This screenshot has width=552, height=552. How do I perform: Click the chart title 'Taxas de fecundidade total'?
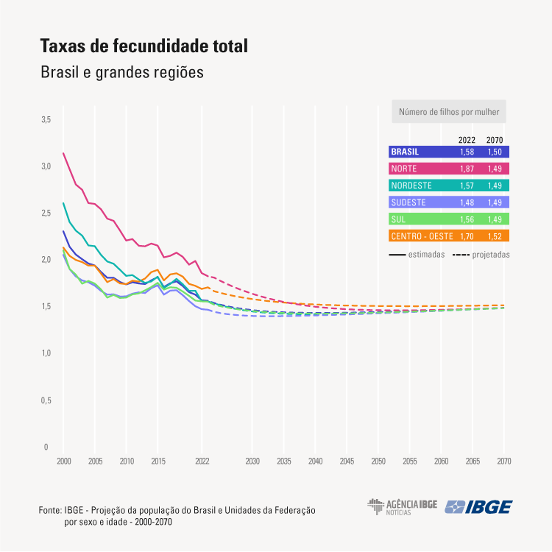point(144,46)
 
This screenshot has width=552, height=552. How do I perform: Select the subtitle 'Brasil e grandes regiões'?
point(121,73)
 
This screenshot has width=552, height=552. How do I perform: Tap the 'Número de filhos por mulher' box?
point(449,113)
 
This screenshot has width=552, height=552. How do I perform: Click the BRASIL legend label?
point(406,152)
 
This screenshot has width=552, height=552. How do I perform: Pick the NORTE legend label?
point(404,169)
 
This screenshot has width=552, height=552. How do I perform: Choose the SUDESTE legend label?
point(408,202)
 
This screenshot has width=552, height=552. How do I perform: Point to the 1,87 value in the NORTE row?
point(466,169)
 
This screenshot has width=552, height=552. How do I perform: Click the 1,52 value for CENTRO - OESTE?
point(495,236)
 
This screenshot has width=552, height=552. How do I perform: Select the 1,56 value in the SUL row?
point(466,219)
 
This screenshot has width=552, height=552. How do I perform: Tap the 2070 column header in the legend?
point(495,140)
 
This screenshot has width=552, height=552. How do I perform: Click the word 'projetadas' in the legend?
point(491,255)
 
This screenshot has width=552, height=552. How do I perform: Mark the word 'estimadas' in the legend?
point(427,255)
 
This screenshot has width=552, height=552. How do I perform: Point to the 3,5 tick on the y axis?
point(45,119)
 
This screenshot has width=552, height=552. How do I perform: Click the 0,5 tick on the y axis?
point(45,400)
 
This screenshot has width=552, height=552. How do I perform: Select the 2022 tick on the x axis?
point(202,461)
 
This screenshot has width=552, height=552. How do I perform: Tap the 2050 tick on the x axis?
point(378,461)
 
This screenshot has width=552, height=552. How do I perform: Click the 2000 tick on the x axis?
point(63,461)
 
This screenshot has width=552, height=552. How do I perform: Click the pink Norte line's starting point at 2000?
point(63,153)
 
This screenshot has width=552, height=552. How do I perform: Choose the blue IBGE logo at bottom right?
point(479,507)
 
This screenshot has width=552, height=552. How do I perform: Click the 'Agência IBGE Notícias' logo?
point(403,506)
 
